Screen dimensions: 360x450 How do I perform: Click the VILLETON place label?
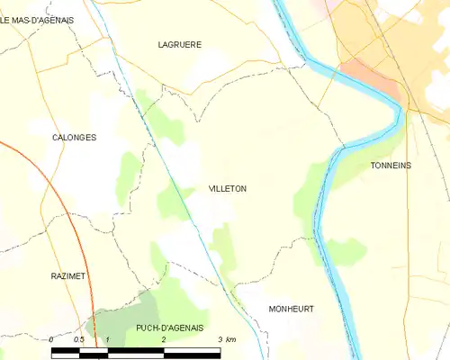(x=227, y=189)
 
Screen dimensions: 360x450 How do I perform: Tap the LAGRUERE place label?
(x=179, y=44)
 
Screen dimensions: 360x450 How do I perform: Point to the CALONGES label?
(x=74, y=138)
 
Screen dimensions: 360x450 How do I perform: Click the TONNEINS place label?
(x=391, y=166)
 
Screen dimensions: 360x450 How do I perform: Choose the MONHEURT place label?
(x=292, y=309)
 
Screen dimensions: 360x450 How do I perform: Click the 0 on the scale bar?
(x=52, y=339)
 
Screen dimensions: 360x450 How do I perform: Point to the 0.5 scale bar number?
(x=79, y=339)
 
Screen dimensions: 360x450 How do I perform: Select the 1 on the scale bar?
(x=107, y=339)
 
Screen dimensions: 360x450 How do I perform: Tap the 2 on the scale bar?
(x=164, y=339)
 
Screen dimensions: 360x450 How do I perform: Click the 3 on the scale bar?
(x=220, y=339)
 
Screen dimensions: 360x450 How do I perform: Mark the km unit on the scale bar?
(x=231, y=339)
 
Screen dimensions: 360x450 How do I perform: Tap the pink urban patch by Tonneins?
(x=369, y=75)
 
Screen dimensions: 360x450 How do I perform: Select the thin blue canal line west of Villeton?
(x=171, y=180)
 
